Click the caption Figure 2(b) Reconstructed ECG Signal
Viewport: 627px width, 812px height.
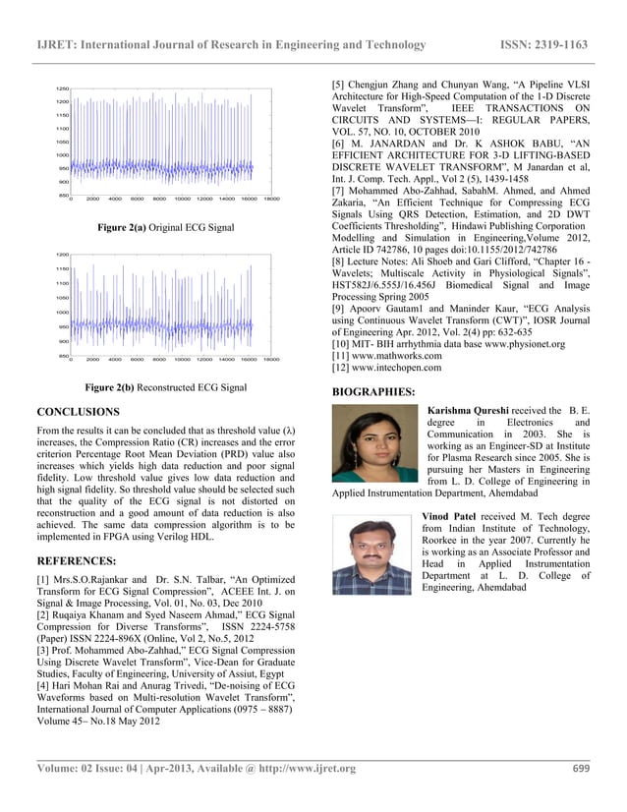click(165, 387)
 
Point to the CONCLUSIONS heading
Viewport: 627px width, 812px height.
click(78, 412)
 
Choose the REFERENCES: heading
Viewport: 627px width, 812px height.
click(78, 562)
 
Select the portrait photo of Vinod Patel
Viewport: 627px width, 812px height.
click(371, 553)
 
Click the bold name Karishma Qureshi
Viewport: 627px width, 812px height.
click(468, 409)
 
